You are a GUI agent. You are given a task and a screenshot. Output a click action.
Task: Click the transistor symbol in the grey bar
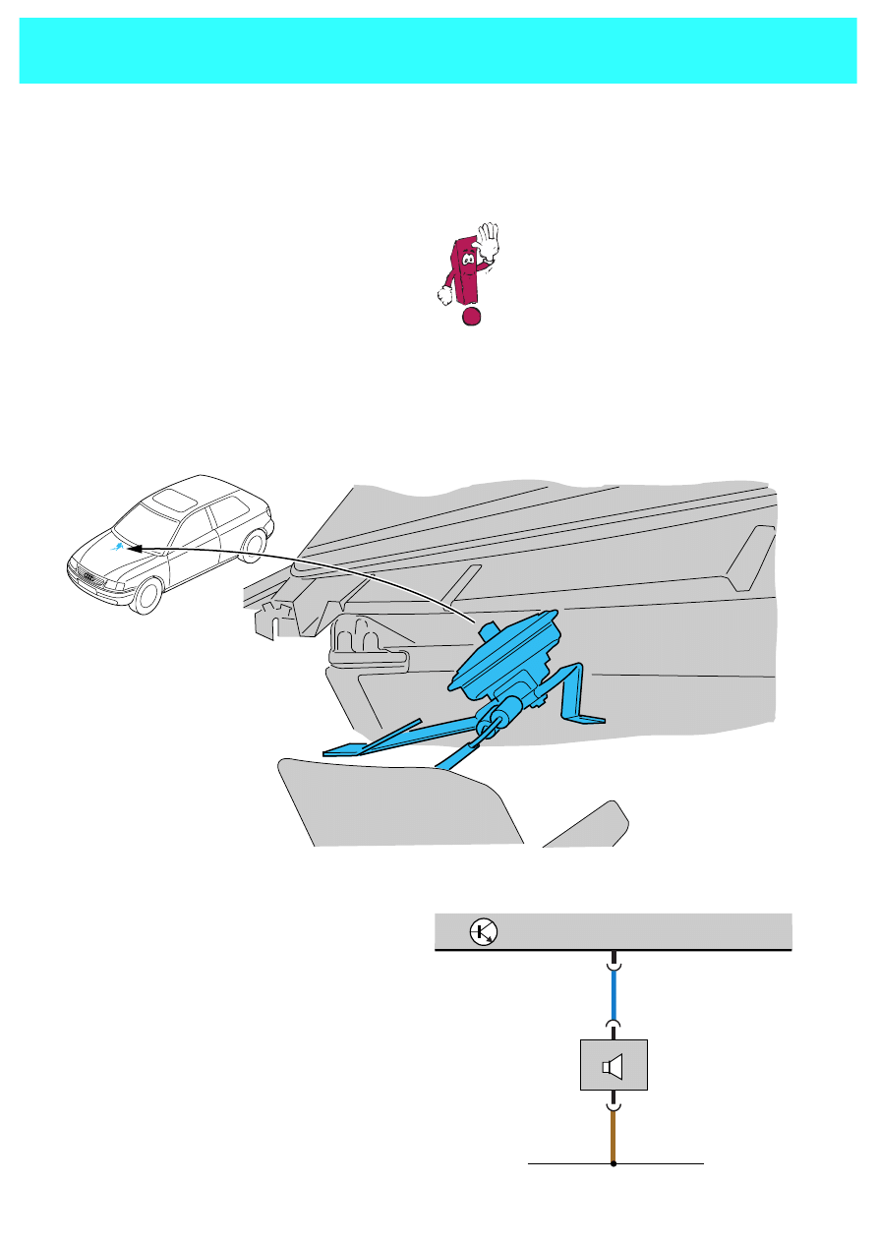click(483, 931)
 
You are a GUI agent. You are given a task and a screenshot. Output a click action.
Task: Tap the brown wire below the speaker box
click(614, 1136)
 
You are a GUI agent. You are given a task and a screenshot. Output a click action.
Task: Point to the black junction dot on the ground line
click(614, 1163)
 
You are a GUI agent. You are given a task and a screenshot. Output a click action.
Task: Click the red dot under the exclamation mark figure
click(472, 316)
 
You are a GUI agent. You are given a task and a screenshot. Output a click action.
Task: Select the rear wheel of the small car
click(258, 545)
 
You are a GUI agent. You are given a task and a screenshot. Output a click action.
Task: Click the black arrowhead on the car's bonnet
click(137, 546)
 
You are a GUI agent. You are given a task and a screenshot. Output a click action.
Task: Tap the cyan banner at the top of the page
click(439, 50)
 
